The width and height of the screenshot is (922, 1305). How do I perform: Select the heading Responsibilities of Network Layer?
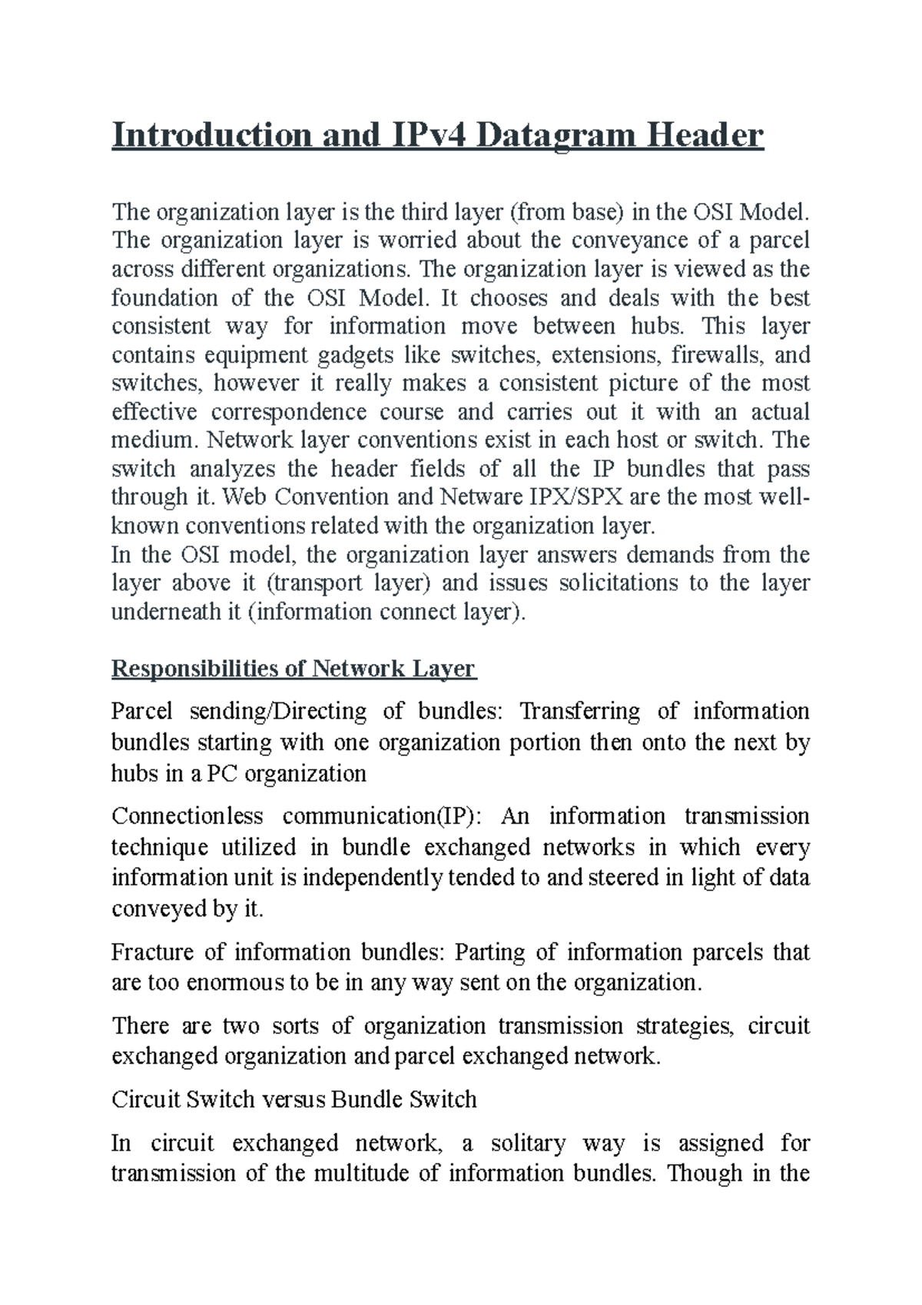[294, 669]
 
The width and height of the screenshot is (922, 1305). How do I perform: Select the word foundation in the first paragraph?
[153, 297]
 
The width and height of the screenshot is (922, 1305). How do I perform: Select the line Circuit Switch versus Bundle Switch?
[294, 1099]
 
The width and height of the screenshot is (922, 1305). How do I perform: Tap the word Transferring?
[580, 711]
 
